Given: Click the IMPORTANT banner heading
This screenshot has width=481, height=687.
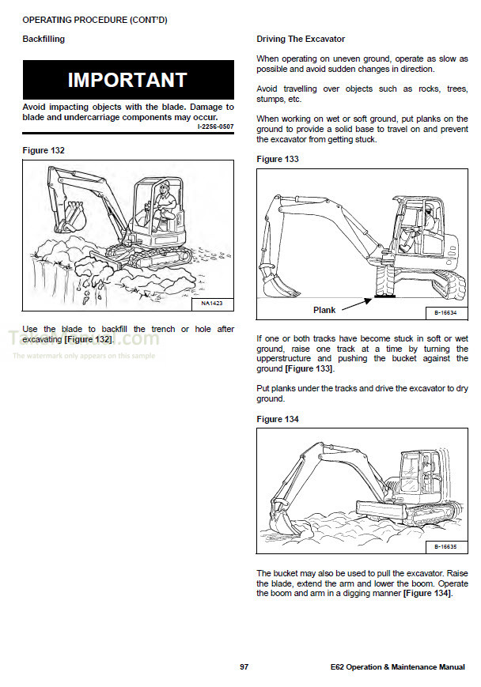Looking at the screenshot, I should pyautogui.click(x=127, y=80).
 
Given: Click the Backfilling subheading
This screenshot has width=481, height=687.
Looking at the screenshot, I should pyautogui.click(x=44, y=39).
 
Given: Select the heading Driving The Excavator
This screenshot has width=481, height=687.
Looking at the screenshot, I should pyautogui.click(x=301, y=39).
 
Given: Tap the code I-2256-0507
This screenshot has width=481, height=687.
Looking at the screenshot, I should pyautogui.click(x=214, y=126).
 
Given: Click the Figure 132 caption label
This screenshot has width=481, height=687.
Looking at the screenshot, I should pyautogui.click(x=44, y=150).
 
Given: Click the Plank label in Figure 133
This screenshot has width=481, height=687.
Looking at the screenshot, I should pyautogui.click(x=324, y=310).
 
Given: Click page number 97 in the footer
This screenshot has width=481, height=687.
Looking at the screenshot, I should pyautogui.click(x=244, y=667).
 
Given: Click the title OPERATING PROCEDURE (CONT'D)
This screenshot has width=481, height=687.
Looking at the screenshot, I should pyautogui.click(x=94, y=19).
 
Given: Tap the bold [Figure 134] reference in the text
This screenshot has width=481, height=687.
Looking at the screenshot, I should pyautogui.click(x=427, y=593).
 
